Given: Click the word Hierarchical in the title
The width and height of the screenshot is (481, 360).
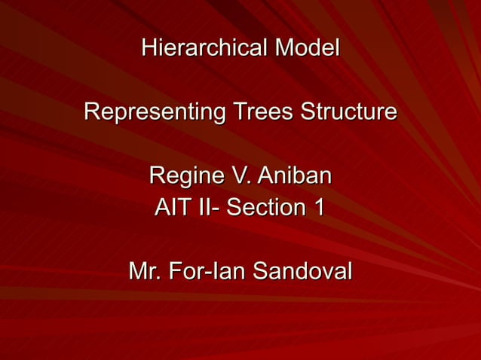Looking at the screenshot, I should [x=204, y=48].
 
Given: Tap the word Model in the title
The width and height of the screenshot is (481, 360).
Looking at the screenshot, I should [x=307, y=48].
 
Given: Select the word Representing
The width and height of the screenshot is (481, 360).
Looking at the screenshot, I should [x=154, y=112].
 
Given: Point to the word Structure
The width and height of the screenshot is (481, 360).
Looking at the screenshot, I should [x=348, y=112].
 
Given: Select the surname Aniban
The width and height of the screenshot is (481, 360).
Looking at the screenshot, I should [x=294, y=176].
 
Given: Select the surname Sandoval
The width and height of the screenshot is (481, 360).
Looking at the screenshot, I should [x=302, y=270].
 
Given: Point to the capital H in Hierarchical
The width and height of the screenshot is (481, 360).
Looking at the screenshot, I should [x=149, y=48].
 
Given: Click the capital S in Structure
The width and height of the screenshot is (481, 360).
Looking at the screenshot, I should [x=307, y=112].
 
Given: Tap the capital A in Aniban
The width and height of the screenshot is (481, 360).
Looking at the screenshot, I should [x=265, y=176].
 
